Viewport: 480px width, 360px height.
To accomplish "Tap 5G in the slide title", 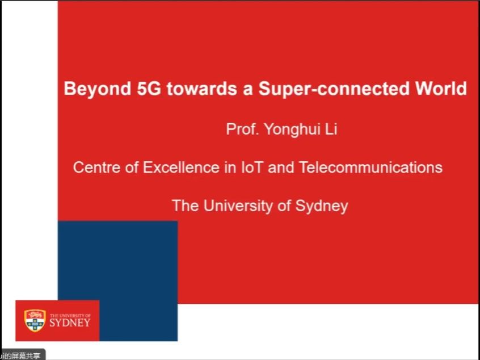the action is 149,89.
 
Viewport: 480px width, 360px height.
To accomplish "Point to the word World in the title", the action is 441,89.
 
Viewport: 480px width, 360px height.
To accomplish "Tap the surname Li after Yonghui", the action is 331,129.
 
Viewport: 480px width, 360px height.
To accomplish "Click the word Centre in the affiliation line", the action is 96,168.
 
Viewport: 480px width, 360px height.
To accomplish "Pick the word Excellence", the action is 181,168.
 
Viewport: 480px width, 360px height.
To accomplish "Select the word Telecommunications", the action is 370,168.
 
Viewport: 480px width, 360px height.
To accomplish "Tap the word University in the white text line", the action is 238,206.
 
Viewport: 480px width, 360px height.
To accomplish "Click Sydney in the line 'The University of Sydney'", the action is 322,206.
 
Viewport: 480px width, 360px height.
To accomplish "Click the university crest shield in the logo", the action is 35,320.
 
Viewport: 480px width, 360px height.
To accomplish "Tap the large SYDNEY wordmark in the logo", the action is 70,323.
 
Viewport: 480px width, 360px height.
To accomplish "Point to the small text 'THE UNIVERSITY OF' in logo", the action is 70,315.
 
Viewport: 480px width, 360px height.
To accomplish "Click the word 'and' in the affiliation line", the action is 281,168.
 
